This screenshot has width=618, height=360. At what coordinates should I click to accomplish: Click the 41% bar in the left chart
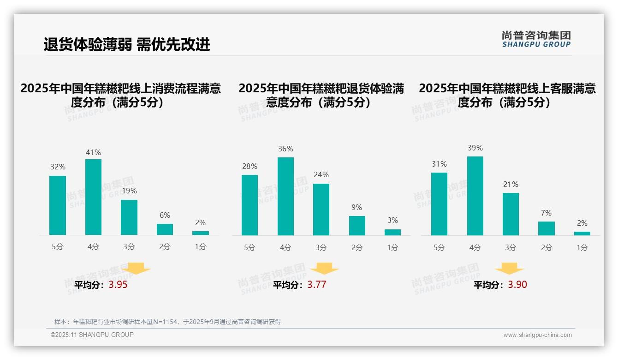pos(93,197)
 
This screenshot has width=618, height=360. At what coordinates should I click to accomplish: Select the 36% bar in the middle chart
pos(285,196)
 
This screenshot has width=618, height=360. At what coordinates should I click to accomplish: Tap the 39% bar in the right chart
pos(475,196)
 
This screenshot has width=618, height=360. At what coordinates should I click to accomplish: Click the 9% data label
pos(357,208)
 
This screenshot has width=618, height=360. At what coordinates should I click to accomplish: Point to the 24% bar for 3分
pos(321,210)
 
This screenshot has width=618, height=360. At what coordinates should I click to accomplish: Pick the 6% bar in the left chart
pos(165,229)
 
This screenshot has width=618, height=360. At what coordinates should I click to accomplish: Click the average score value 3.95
pos(118,285)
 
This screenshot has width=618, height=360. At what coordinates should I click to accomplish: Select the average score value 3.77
pos(317,285)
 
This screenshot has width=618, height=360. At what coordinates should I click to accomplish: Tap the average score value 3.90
pos(517,285)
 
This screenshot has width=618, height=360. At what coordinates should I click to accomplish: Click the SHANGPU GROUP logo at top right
pos(536,39)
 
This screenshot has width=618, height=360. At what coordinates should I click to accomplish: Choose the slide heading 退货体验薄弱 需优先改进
pos(127,44)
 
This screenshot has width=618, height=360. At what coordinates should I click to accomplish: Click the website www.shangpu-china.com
pos(537,335)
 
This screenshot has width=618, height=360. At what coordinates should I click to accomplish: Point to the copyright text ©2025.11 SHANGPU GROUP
pos(92,335)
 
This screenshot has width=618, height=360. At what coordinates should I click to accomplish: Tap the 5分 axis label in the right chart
pos(439,247)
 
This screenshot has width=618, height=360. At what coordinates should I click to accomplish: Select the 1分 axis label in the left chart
pos(200,246)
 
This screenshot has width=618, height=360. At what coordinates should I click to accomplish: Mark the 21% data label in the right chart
pos(511,184)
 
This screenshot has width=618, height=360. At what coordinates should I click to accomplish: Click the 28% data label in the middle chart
pos(250,166)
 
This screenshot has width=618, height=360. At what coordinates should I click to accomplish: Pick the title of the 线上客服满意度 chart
pos(507,95)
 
